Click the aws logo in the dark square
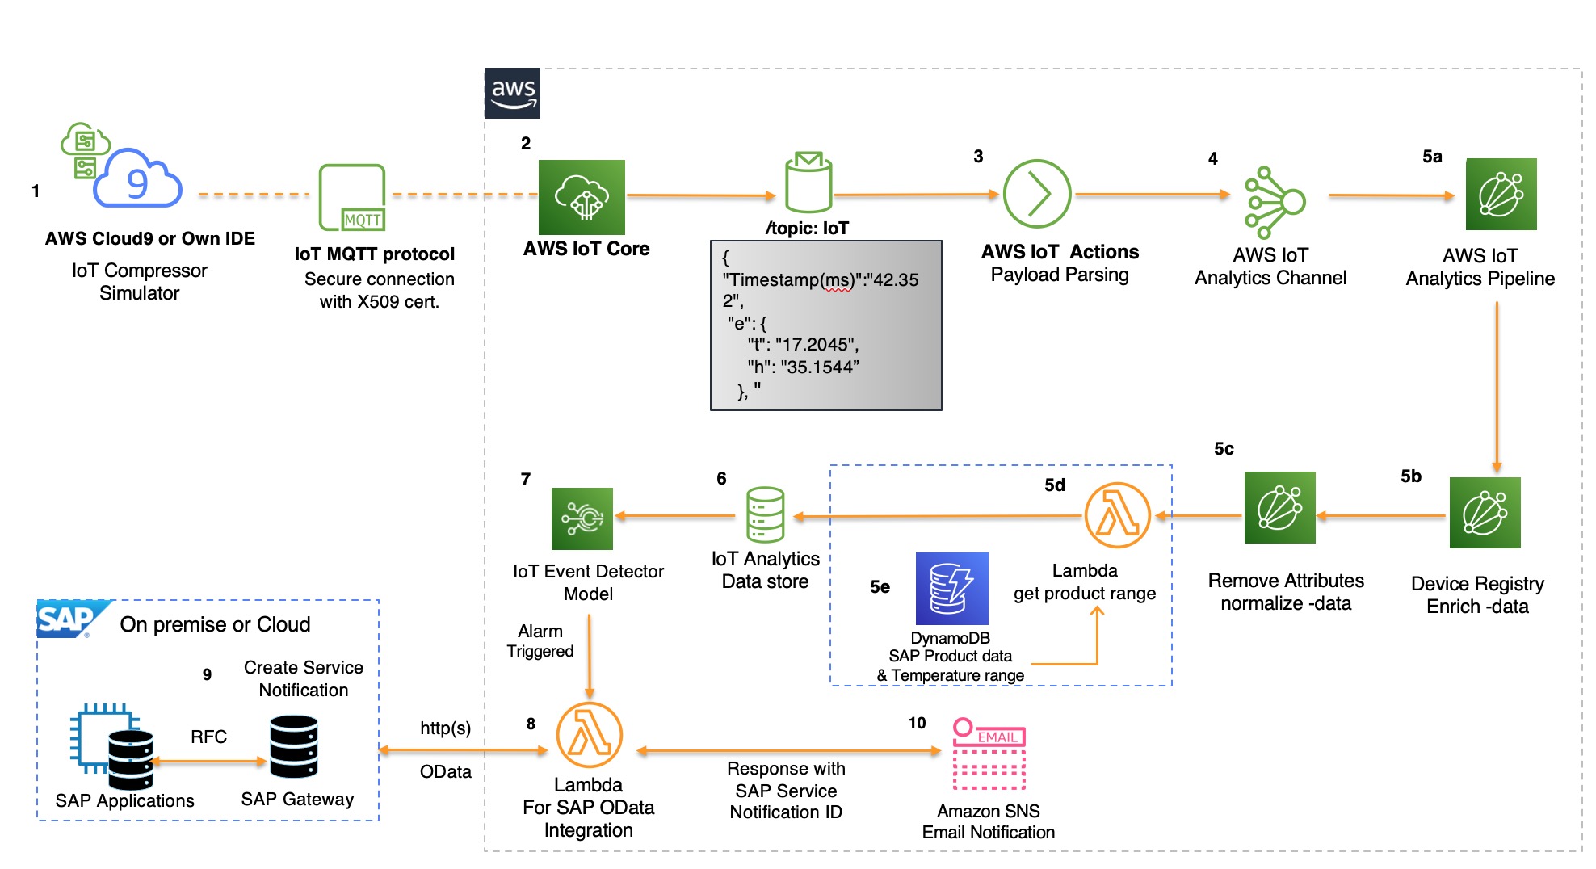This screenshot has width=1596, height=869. (x=512, y=94)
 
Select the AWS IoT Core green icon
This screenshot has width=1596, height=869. (x=582, y=197)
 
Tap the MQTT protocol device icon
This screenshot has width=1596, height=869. (x=352, y=198)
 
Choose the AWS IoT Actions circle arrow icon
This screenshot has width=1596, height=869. (x=1036, y=194)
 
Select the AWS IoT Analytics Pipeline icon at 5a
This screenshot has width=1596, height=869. (x=1501, y=194)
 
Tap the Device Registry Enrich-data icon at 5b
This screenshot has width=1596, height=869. (x=1485, y=513)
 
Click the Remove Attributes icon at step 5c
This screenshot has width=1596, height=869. (x=1279, y=507)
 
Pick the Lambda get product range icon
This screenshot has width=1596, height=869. (x=1117, y=515)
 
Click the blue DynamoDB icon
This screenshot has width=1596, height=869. (x=951, y=588)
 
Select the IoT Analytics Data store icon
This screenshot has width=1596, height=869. (x=765, y=514)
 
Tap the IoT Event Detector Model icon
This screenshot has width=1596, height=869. (x=582, y=518)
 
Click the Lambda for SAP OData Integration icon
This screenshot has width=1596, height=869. (x=589, y=735)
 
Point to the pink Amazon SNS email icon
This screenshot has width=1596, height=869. (x=989, y=754)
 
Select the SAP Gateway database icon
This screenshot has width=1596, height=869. (x=293, y=746)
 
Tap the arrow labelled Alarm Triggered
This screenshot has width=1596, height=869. (x=590, y=656)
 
